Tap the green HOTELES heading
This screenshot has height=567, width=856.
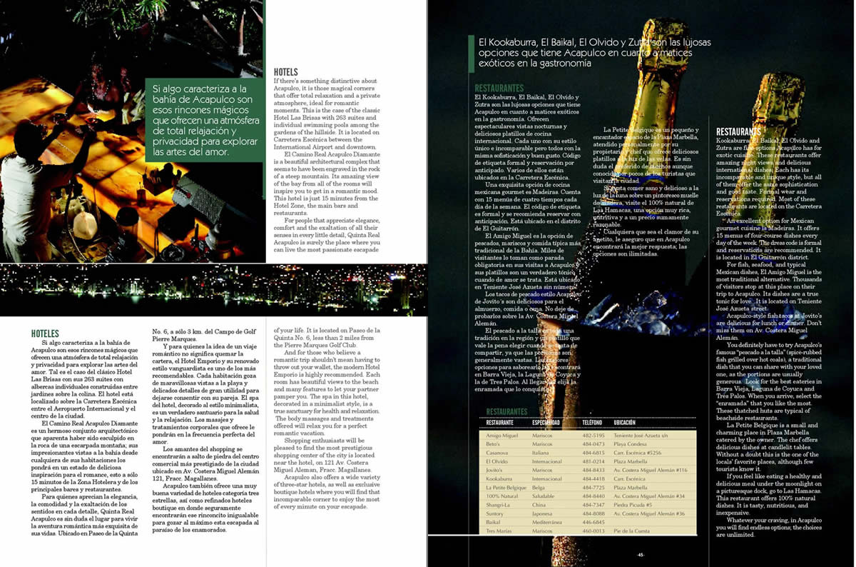(x=45, y=333)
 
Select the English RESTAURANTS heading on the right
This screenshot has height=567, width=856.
(x=738, y=132)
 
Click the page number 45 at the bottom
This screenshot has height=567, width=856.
(x=641, y=555)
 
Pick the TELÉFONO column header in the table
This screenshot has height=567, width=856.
(x=592, y=422)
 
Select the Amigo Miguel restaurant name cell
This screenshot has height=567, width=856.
(x=502, y=435)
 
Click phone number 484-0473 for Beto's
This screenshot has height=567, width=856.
(x=595, y=443)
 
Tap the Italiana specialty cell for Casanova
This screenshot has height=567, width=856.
(x=542, y=452)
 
